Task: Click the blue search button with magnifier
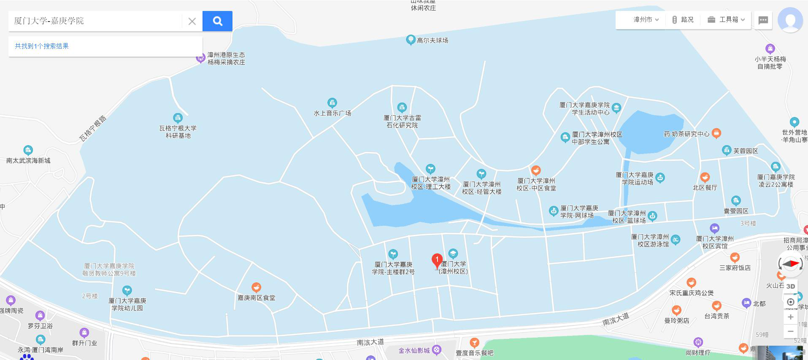217,21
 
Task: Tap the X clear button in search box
192,21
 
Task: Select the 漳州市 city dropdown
646,20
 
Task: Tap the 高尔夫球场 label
432,41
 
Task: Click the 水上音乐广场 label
332,113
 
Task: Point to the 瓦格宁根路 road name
93,128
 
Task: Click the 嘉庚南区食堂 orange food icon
256,288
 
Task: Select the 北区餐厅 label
705,187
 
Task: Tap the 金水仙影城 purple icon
437,349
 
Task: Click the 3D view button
791,286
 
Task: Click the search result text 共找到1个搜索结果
42,46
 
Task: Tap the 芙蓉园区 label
746,151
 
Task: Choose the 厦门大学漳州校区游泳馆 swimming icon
676,240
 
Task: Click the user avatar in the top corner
790,20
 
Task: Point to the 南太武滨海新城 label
28,160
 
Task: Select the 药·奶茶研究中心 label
686,134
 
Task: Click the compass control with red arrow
790,264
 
